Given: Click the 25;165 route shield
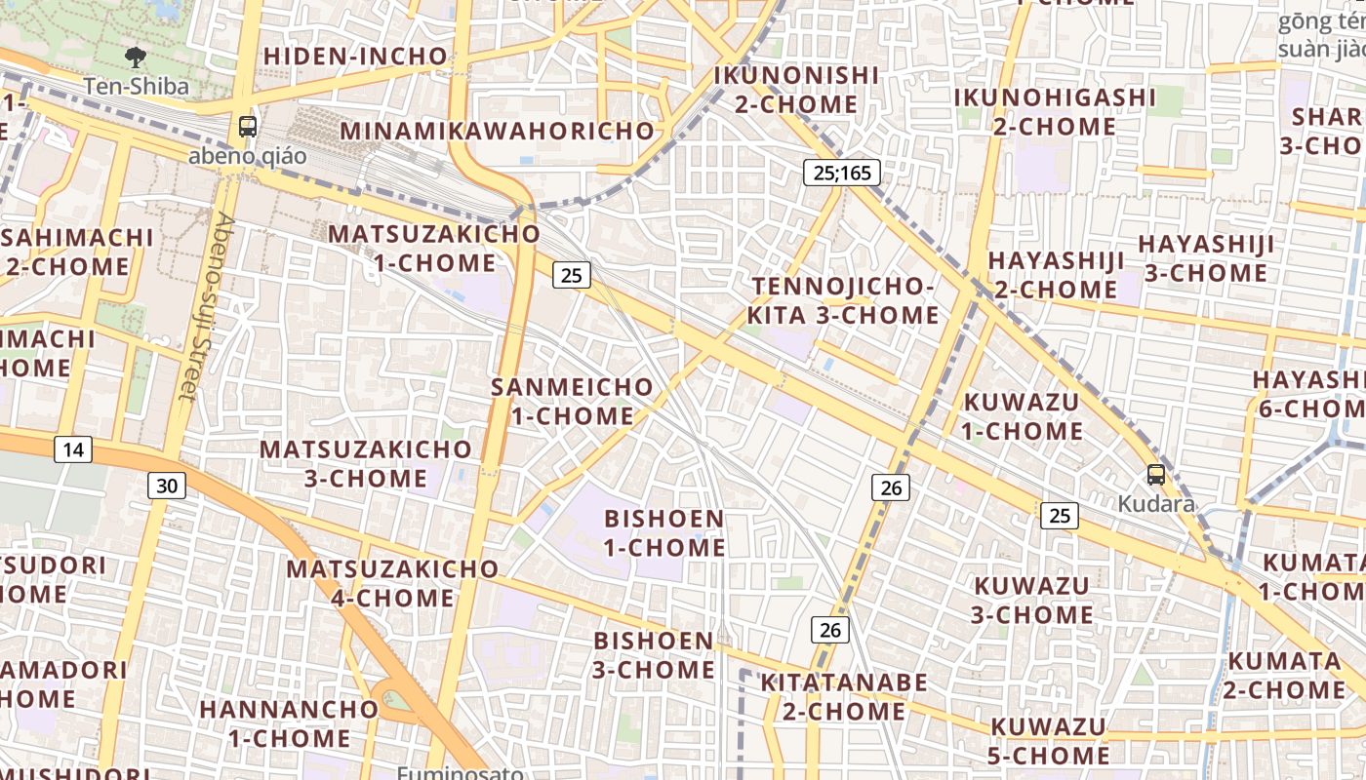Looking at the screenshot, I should pos(843,173).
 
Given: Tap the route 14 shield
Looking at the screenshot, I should pos(72,449).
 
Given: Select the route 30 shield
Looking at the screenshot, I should pos(167,485).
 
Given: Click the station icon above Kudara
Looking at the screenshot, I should pos(1156,476).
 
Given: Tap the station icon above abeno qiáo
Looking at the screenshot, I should pos(248,126).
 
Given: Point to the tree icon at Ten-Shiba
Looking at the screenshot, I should pos(135,58).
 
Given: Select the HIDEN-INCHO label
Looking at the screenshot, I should pos(355,57).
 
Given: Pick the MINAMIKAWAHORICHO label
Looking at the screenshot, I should pos(498,131).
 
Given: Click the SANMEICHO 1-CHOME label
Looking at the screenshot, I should pos(572,401).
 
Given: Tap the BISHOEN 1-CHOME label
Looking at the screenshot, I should pos(664,532).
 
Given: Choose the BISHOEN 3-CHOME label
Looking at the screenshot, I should pos(654,654).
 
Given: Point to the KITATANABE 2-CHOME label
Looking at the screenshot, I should pos(844,696).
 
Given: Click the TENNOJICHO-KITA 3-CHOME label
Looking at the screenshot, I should pos(843,300).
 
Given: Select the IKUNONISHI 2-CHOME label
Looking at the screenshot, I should pos(796,90).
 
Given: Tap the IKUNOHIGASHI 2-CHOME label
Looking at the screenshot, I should pos(1055,112).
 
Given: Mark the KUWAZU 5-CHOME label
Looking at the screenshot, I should pos(1050,741).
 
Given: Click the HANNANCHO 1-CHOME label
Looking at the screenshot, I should pos(289,723).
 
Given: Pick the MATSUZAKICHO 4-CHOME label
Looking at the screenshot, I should pos(392,583).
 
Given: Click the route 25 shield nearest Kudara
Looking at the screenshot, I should pos(1060,515).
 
